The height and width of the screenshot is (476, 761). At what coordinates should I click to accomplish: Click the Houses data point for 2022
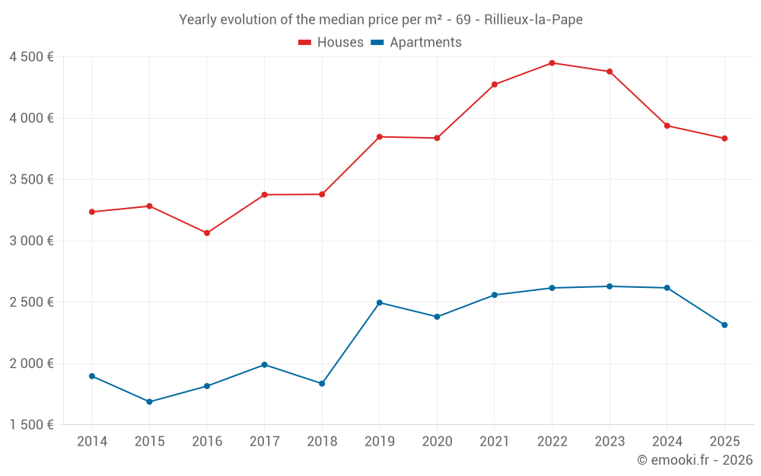coord(552,63)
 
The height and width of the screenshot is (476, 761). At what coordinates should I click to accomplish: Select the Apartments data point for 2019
coord(379,302)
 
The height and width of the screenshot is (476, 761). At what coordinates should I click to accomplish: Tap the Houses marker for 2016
coord(207,233)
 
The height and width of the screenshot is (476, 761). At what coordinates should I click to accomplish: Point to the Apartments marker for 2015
coord(149,401)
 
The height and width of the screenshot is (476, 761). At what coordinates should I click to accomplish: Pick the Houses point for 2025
coord(724,139)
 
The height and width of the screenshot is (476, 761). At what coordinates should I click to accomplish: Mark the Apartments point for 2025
coord(724,325)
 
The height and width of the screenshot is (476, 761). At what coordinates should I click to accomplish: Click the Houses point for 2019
coord(379,137)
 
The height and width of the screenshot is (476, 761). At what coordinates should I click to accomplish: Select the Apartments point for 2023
coord(610,286)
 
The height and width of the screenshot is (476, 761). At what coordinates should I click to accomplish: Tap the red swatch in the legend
coord(305,43)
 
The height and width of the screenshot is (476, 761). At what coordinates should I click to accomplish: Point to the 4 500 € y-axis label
coord(31,57)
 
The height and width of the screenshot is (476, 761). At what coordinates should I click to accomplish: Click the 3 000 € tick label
coord(31,241)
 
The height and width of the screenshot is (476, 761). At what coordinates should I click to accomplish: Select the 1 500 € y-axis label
coord(31,425)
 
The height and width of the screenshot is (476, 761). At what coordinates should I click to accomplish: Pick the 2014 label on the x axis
coord(92,442)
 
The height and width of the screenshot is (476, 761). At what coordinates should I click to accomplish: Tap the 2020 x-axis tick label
coord(437,442)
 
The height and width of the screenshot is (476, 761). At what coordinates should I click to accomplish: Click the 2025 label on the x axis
coord(724,442)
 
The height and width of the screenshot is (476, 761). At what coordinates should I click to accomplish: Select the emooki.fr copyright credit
coord(694,460)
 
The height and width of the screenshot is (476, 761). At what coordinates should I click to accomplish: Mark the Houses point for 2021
coord(495,85)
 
